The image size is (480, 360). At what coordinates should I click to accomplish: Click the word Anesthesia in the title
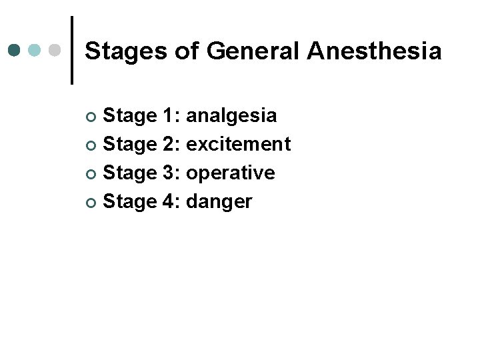(374, 51)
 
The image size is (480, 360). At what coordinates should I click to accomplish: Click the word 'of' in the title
(186, 51)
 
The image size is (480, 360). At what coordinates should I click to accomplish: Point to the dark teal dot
(15, 50)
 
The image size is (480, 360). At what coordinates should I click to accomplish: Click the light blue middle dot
(35, 50)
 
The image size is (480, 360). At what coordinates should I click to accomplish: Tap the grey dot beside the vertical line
(55, 50)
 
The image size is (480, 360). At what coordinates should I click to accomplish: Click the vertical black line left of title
(71, 50)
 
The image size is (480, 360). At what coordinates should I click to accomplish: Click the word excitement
(239, 144)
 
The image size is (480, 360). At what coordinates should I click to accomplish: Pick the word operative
(231, 173)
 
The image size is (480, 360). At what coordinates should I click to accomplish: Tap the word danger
(219, 202)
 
